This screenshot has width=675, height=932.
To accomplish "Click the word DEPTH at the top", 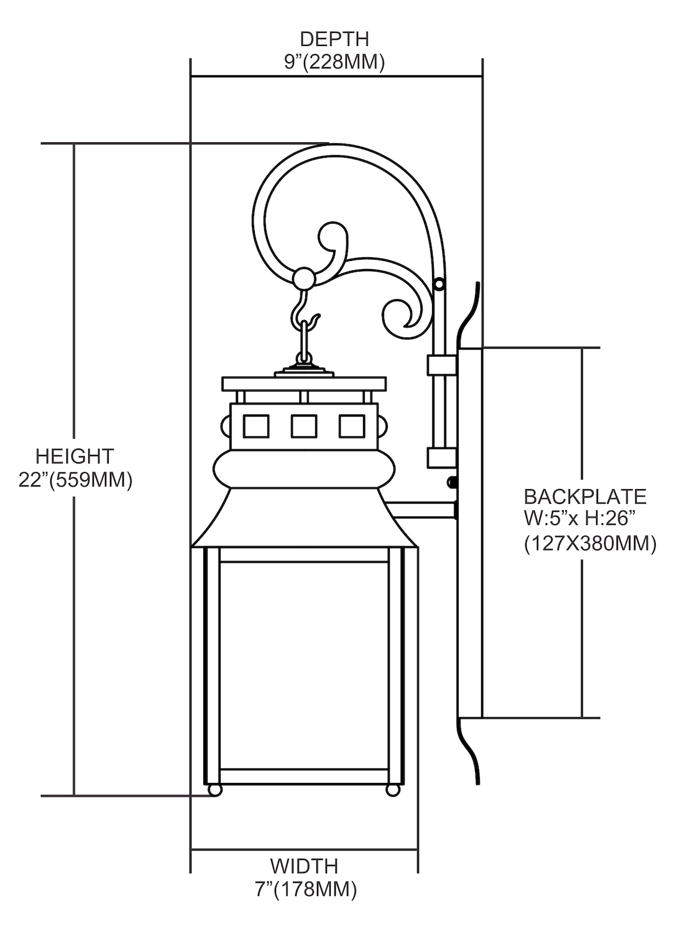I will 334,39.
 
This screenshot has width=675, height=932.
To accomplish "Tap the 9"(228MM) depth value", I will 334,62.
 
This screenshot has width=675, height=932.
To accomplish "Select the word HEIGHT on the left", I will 75,456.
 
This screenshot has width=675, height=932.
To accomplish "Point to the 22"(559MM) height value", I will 75,480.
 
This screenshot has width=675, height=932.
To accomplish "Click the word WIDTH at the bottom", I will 304,866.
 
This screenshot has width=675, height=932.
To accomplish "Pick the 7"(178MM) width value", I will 304,889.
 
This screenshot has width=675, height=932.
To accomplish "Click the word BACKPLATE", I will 585,496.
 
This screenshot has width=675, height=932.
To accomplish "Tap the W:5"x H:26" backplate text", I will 582,519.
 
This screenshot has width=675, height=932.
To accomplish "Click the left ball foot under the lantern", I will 214,790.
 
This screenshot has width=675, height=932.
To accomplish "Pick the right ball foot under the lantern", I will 393,790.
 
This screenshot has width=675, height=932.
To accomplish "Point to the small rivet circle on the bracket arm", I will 439,284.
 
